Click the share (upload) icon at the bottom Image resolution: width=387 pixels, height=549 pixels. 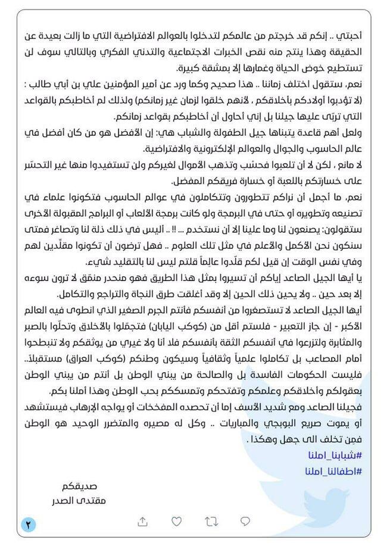tap(142, 521)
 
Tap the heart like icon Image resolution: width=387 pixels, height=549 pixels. tap(176, 521)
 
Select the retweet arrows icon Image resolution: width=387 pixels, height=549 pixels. tap(211, 521)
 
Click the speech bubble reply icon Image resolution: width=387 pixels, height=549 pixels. tap(245, 521)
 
